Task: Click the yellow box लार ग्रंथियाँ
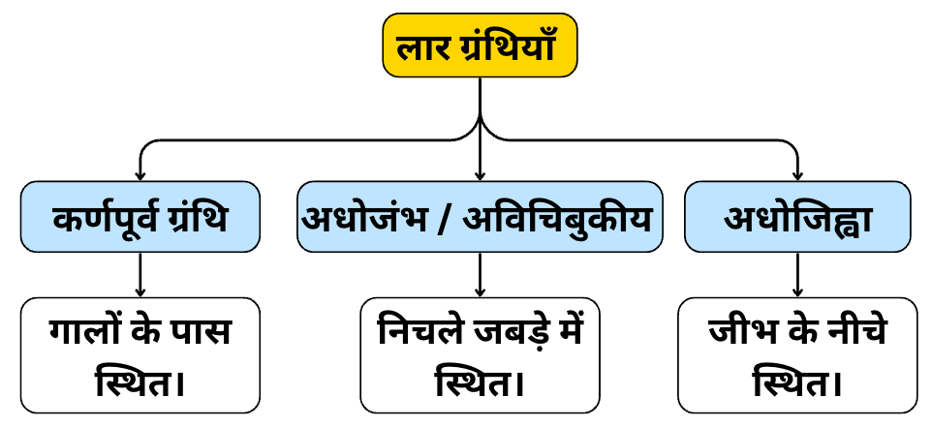tap(481, 46)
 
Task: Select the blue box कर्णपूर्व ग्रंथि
tap(140, 217)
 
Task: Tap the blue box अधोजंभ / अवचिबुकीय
tap(481, 217)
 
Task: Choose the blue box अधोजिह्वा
tap(797, 217)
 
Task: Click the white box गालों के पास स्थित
tap(140, 354)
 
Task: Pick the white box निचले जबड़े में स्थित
tap(481, 354)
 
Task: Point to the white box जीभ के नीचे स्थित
tap(797, 354)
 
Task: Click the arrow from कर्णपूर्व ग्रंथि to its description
tap(140, 274)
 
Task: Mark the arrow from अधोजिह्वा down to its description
tap(797, 274)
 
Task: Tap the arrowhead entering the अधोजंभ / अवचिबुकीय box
tap(481, 175)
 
